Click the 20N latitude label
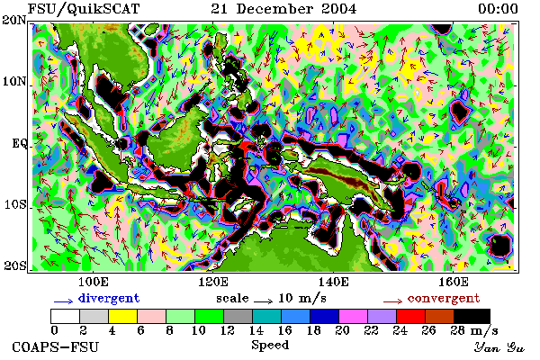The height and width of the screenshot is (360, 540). pos(13,20)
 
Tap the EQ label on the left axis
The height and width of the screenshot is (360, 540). pos(20,143)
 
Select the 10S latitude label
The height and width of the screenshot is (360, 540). pos(15,204)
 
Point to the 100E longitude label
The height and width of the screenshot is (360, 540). pos(93,282)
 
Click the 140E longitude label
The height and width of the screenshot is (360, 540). pos(333,282)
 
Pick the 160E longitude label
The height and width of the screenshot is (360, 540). pos(453,282)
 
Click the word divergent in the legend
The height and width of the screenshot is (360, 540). pos(109,298)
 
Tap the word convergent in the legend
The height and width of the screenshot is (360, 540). pos(444,298)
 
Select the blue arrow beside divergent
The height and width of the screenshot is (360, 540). pos(63,301)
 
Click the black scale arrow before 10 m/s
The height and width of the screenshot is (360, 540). pos(263,301)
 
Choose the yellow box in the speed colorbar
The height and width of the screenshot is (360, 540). pos(123,316)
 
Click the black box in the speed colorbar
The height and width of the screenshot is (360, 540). pos(472,316)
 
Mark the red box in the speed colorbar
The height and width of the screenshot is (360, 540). pos(411,316)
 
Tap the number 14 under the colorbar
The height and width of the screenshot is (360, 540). pos(256,330)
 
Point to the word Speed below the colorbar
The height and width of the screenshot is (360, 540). pos(270,345)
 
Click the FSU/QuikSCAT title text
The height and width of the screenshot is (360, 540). pos(84,9)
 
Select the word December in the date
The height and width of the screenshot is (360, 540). pos(274,9)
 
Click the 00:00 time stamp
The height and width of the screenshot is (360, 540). pos(498,9)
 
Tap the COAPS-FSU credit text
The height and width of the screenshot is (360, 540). pos(55,346)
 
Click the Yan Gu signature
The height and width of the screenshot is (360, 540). pos(499,347)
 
